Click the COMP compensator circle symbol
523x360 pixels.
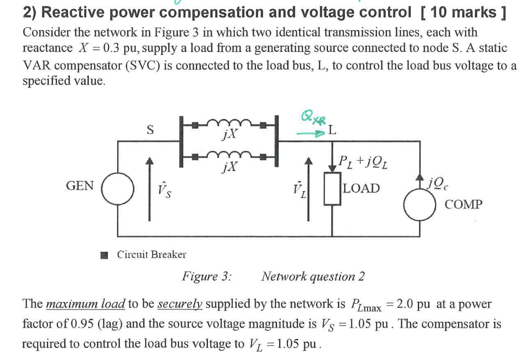(x=419, y=205)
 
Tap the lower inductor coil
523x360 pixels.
(x=229, y=156)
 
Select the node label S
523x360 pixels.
(x=150, y=129)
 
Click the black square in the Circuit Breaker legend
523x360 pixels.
(x=103, y=256)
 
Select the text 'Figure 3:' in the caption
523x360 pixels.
(x=207, y=276)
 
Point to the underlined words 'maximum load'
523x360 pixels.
(x=85, y=304)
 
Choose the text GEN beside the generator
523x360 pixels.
(x=80, y=186)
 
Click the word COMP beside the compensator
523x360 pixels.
(x=464, y=204)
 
